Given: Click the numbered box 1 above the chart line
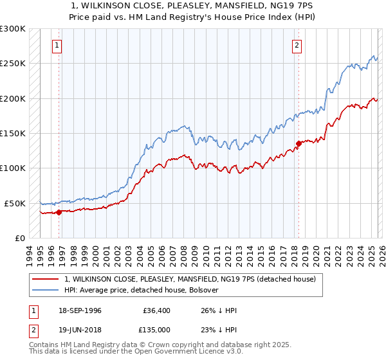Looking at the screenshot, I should point(58,45).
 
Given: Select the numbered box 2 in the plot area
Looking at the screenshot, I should point(297,45).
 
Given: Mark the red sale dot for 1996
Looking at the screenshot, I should point(59,212).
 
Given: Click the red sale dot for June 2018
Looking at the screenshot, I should point(299,143).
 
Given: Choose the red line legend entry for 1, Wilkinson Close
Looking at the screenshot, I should point(190,280).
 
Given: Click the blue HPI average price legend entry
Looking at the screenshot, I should point(142,291).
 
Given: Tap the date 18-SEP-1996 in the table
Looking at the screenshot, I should point(81,310).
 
